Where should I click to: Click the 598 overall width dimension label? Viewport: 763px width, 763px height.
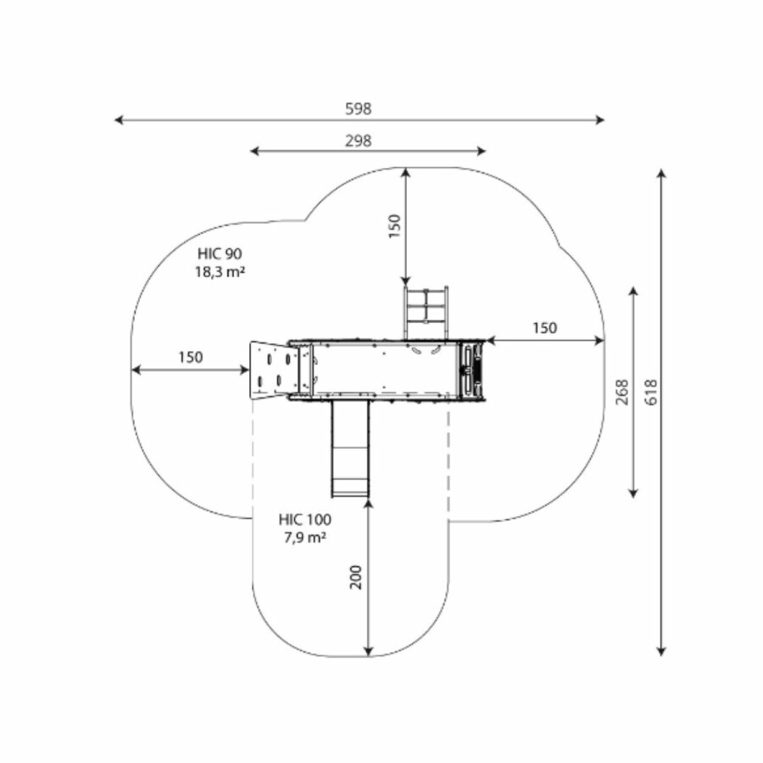coord(359,109)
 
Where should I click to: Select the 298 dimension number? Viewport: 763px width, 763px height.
coord(359,141)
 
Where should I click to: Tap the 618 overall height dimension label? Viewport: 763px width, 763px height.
coord(650,393)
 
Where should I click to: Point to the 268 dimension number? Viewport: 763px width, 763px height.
coord(622,393)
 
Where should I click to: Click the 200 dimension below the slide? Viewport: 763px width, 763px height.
coord(357,577)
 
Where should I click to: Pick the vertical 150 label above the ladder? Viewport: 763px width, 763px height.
coord(394,226)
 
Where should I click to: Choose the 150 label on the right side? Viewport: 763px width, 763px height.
coord(544,328)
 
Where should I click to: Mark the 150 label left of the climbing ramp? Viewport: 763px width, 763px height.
coord(190,358)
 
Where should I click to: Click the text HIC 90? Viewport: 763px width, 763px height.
coord(220,253)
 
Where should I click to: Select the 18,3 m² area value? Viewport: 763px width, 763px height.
coord(220,271)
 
